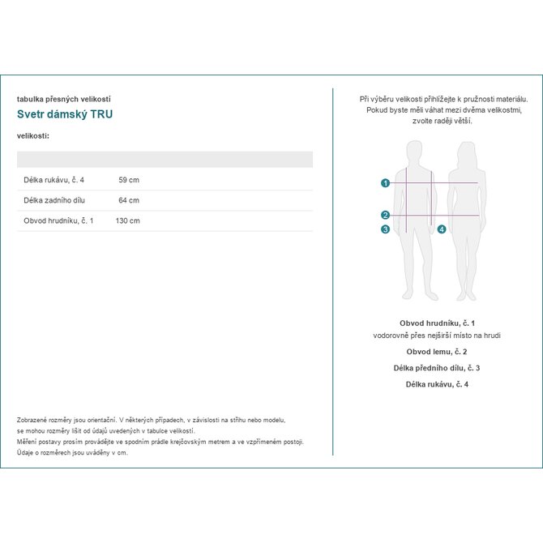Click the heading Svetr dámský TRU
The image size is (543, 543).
point(65,114)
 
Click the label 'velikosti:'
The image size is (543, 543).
point(33,135)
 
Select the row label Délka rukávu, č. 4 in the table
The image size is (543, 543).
point(53,180)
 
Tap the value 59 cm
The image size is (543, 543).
point(129,180)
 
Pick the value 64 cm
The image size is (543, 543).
point(129,200)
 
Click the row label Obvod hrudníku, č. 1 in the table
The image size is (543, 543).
point(58,220)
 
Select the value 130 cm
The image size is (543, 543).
point(127,220)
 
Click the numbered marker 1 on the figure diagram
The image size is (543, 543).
point(385,183)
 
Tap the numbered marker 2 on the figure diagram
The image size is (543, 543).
point(385,215)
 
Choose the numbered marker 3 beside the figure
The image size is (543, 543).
point(385,229)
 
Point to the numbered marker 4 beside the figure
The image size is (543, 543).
point(441,229)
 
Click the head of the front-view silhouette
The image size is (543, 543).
point(414,152)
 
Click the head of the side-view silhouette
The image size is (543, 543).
point(466,152)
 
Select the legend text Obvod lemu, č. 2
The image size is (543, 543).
point(437,353)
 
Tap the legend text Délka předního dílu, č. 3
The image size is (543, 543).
point(437,368)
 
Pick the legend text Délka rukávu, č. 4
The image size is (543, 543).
point(437,383)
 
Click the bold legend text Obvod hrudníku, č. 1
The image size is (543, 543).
point(437,323)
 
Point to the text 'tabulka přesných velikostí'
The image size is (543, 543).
point(63,98)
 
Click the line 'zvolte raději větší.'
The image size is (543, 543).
point(437,121)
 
